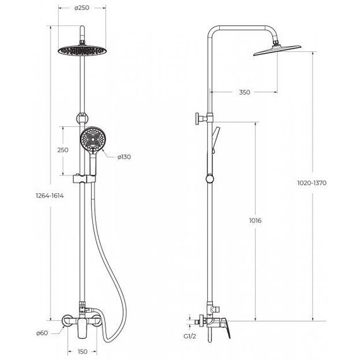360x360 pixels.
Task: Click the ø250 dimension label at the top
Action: click(81, 8)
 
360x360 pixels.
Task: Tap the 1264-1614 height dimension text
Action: click(50, 196)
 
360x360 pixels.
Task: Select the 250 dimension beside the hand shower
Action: click(63, 150)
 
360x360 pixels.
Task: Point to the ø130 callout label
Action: click(124, 157)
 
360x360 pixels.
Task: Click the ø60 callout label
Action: click(42, 333)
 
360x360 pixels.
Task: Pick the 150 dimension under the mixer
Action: click(82, 352)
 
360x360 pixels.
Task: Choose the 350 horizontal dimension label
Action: click(244, 92)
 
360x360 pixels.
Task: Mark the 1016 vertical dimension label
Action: click(255, 220)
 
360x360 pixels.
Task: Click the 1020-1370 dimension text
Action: click(311, 183)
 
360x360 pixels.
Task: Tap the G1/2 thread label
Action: click(189, 337)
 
